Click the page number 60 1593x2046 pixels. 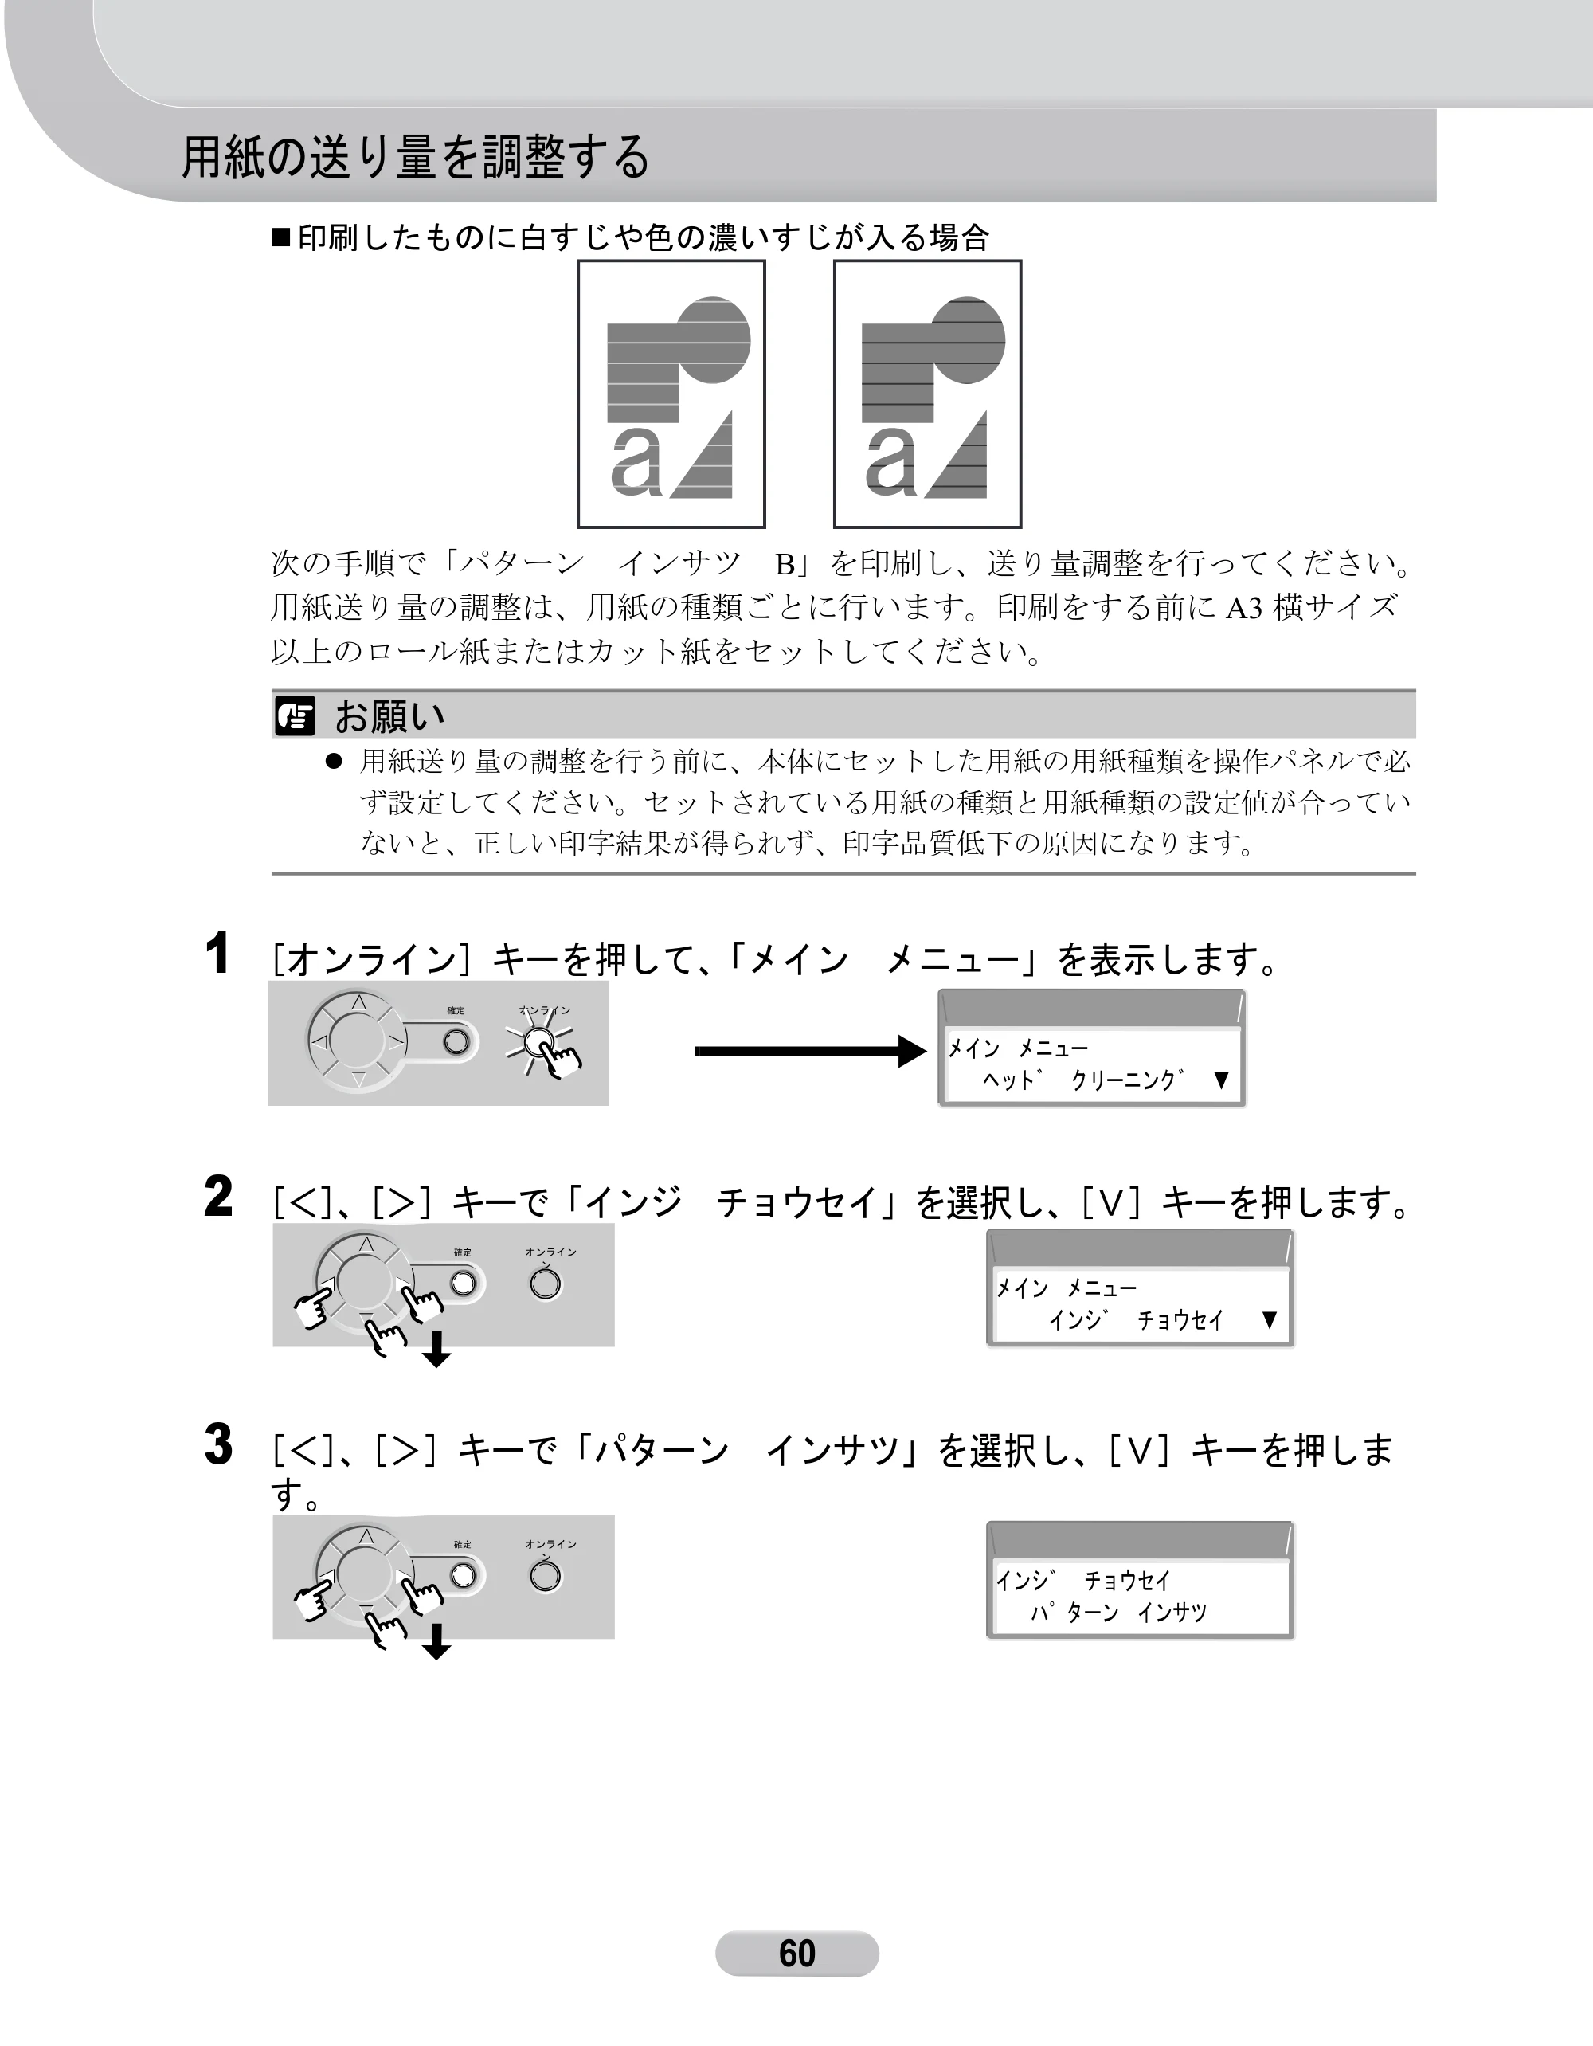tap(797, 1954)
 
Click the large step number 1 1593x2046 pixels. tap(217, 954)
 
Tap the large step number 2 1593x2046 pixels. tap(218, 1197)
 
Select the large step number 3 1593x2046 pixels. tap(218, 1444)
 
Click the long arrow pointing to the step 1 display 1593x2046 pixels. tap(811, 1051)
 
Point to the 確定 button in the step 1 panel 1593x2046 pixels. tap(456, 1041)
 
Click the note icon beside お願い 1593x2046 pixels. tap(295, 717)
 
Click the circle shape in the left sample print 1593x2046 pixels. tap(714, 340)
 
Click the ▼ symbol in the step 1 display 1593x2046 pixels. tap(1220, 1080)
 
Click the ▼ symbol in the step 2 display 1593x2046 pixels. tap(1269, 1320)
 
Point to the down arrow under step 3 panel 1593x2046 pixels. tap(436, 1641)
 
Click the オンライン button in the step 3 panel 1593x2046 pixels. tap(545, 1577)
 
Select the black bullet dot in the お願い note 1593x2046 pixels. tap(332, 761)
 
